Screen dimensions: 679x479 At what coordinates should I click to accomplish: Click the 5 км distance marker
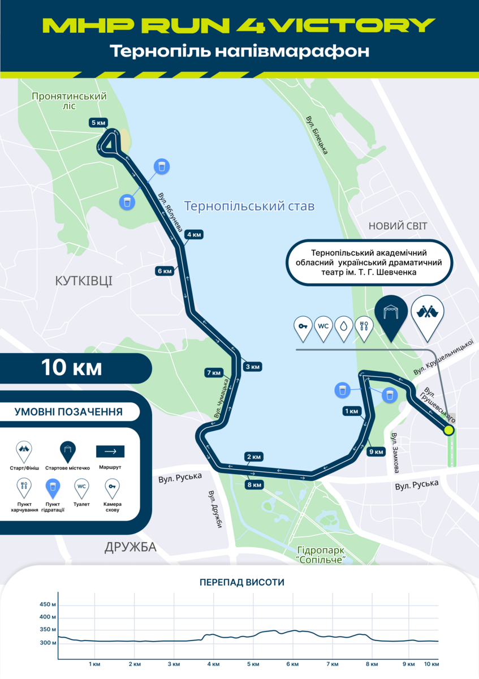tap(97, 122)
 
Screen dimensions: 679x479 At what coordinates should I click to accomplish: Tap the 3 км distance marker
tap(252, 367)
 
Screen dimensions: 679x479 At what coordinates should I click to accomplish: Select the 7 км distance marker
tap(214, 372)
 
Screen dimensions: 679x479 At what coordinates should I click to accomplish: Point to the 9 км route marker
tap(376, 452)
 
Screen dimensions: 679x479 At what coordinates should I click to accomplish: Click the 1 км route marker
tap(351, 411)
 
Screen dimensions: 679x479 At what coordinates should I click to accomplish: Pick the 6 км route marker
tap(165, 271)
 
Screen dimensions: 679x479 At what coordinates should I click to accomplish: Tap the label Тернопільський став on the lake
tap(249, 206)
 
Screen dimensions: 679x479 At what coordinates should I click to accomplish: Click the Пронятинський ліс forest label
tap(70, 101)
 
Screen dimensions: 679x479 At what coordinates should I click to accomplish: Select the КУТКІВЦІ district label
tap(84, 281)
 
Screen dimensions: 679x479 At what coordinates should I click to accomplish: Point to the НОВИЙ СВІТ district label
tap(398, 226)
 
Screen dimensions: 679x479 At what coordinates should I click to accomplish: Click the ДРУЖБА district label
tap(131, 547)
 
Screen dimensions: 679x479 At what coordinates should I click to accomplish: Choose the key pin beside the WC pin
tap(303, 327)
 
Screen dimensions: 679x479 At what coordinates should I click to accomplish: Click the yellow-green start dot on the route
tap(449, 430)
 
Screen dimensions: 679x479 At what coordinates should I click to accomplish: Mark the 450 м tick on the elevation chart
tap(48, 604)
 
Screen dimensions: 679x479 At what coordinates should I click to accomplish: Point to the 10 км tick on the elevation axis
tap(431, 664)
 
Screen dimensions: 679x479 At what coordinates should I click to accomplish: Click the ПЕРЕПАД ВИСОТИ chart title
tap(241, 582)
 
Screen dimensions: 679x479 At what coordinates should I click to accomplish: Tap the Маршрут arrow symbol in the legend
tap(110, 452)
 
